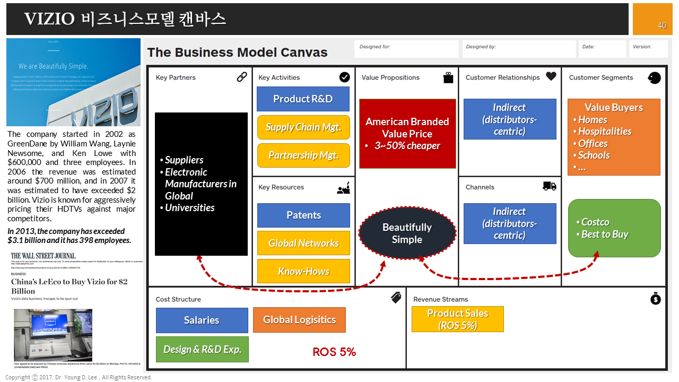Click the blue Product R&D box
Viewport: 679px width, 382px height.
(303, 99)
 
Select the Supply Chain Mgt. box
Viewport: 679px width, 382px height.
(303, 127)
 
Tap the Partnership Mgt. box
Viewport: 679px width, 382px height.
(303, 155)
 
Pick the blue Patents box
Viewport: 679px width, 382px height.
(303, 215)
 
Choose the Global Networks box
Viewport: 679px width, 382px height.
(303, 243)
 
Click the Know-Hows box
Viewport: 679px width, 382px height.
(303, 271)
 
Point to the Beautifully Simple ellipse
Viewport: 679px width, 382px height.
(407, 233)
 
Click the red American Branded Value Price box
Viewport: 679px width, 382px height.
(407, 133)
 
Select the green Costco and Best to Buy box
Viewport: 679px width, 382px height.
(614, 228)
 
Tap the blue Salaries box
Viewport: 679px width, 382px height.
(202, 320)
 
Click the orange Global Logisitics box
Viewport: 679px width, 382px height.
(299, 320)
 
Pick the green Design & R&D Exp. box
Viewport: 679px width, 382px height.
(202, 349)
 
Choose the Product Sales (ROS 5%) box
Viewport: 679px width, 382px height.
(457, 319)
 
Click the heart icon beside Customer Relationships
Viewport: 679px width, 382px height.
(551, 76)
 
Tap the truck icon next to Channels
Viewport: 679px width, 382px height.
(550, 186)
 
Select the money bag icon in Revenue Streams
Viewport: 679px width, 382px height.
(656, 299)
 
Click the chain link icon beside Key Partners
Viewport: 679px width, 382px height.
(242, 77)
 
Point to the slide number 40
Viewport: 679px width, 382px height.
(662, 25)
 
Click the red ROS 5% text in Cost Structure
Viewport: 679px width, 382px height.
(334, 352)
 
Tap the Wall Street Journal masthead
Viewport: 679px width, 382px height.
(43, 256)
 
